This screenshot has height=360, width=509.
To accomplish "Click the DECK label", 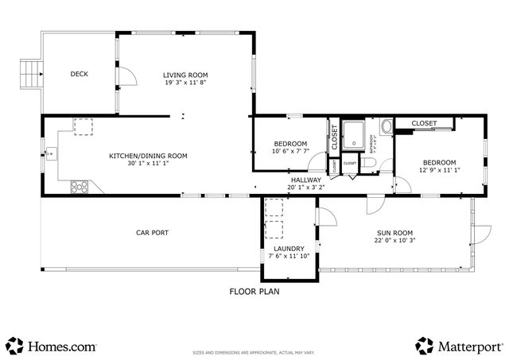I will tap(79, 74).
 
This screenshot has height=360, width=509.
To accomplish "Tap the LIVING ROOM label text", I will tap(185, 75).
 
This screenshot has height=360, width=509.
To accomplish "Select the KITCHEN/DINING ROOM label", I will tap(148, 156).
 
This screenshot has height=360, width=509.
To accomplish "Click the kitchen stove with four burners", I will tap(80, 188).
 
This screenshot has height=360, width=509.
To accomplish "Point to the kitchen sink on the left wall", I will tap(51, 153).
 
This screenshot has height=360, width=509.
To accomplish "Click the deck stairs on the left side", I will tap(30, 75).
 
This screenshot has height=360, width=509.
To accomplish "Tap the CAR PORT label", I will tap(153, 232).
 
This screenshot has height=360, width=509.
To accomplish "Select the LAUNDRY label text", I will tap(286, 248).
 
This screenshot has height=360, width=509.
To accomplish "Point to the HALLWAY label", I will tap(305, 180).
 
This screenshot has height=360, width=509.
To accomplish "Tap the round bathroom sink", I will tap(387, 126).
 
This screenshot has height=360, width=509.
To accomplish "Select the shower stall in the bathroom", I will tap(354, 136).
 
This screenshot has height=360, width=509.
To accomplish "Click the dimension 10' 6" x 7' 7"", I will tap(290, 151).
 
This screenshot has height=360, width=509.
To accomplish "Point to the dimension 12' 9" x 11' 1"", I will tap(439, 169).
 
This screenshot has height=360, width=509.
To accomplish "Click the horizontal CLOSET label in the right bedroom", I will tap(424, 123).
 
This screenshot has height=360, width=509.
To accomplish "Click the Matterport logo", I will tap(459, 346).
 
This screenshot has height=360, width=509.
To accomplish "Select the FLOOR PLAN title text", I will tap(254, 292).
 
